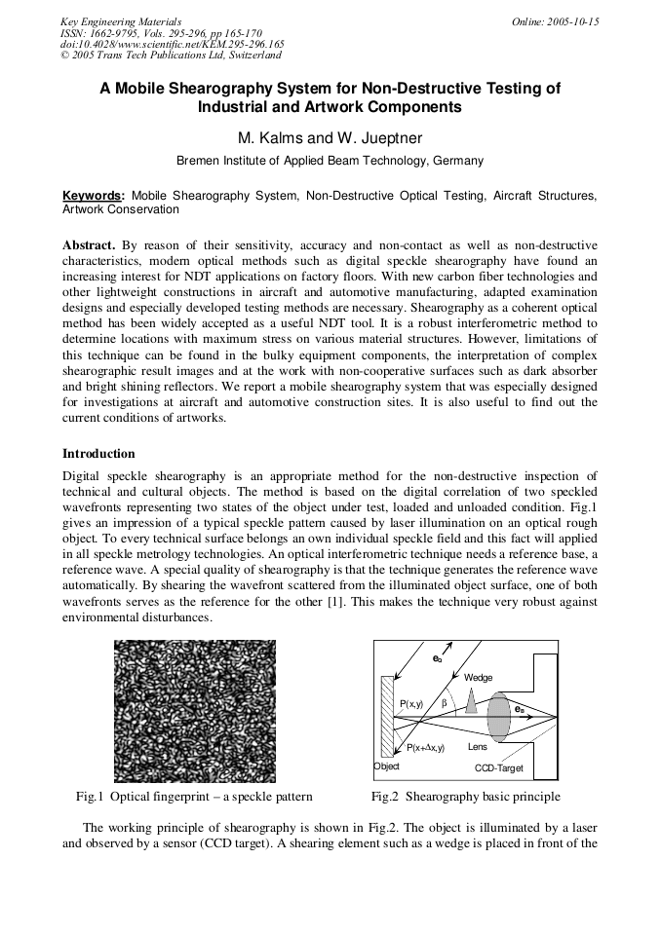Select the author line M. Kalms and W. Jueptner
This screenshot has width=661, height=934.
pos(330,137)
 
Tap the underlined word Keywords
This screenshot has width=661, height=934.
pos(93,196)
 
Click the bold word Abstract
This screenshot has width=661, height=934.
pos(89,244)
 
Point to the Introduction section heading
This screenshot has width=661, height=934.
pos(98,453)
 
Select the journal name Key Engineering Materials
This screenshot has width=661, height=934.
pos(120,21)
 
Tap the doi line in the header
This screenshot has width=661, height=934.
pos(172,44)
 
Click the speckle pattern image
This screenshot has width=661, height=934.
pos(195,711)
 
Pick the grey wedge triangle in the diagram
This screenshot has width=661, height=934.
pos(471,703)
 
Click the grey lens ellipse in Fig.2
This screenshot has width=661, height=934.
pos(499,717)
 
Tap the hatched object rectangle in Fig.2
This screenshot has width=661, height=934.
pos(387,716)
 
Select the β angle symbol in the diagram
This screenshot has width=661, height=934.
pos(445,702)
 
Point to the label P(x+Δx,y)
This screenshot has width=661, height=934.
pos(424,747)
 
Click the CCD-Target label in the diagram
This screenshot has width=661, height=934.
pos(498,768)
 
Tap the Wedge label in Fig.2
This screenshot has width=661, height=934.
pos(478,677)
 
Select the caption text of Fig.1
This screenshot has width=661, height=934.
pos(194,796)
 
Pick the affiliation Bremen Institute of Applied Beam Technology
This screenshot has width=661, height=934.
pos(330,161)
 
